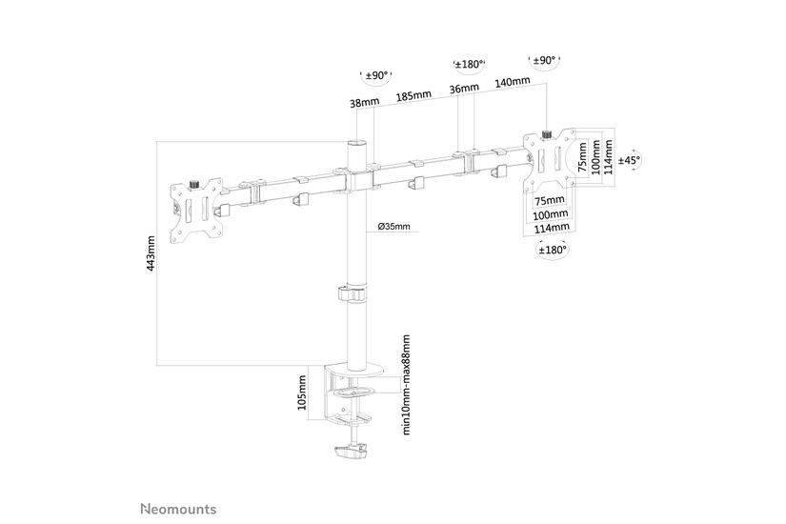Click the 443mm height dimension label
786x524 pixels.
pos(151,252)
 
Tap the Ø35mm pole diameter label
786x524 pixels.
pos(393,227)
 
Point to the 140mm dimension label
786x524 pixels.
pos(513,82)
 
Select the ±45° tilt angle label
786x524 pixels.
pos(630,161)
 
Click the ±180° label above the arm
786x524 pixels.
pos(470,65)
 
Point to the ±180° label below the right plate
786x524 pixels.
pos(551,250)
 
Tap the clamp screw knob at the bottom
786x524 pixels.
pos(353,454)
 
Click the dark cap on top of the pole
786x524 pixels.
pos(356,143)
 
